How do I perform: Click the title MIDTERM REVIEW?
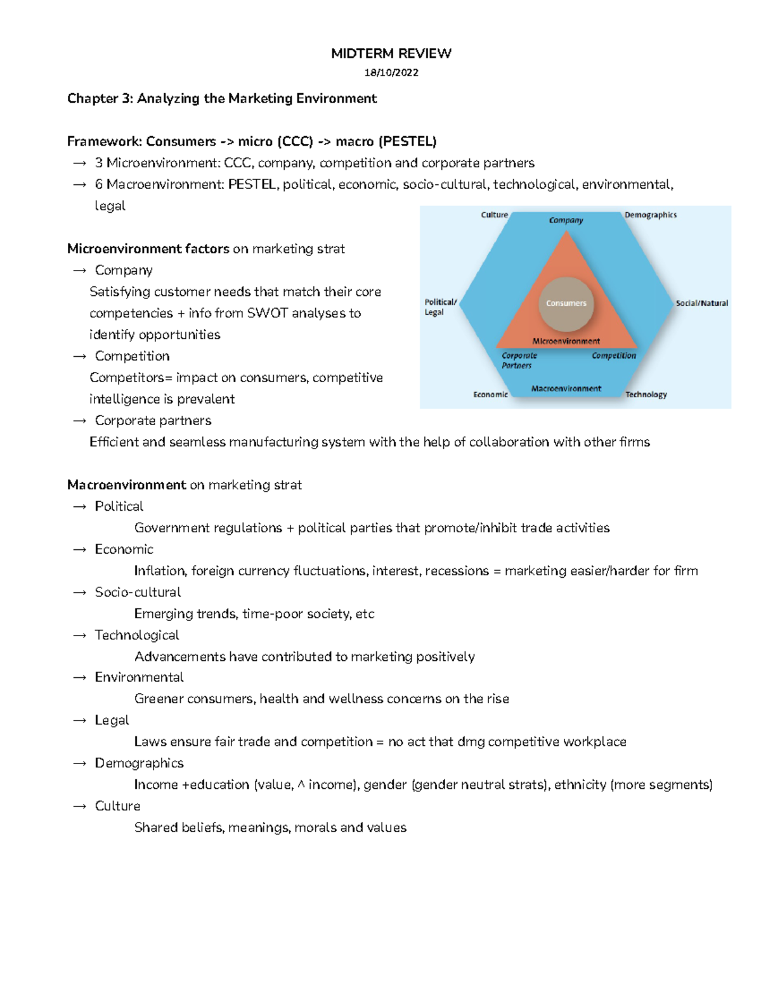coord(391,53)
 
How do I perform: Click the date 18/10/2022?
coord(391,72)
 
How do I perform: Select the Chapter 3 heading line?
coord(222,98)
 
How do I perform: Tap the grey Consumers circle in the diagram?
coord(566,304)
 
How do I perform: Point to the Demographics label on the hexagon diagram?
coord(650,215)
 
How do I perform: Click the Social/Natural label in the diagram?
coord(701,304)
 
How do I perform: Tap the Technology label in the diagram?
coord(646,394)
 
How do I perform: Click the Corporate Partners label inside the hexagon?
coord(519,361)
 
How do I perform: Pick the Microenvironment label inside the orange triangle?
coord(566,341)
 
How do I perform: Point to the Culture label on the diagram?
coord(494,215)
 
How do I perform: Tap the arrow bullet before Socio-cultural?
coord(79,593)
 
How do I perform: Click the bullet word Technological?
coord(137,635)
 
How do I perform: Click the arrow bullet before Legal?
coord(79,721)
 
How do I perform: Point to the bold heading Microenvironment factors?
coord(148,249)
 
